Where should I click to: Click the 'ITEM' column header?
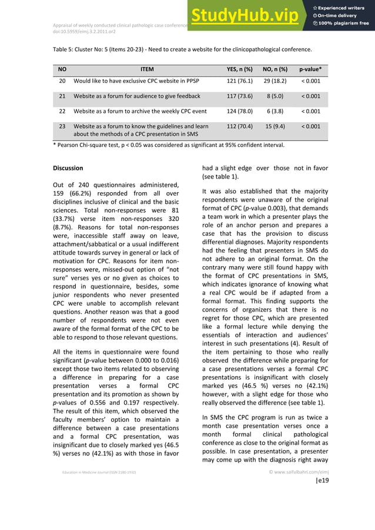147,69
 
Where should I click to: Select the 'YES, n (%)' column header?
239,69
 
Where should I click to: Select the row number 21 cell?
62,96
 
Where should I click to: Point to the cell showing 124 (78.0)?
239,110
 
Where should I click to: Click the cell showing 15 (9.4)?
274,126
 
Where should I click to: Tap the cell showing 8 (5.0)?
274,96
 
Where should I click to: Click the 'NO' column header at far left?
62,69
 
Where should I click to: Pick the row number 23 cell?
62,126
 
